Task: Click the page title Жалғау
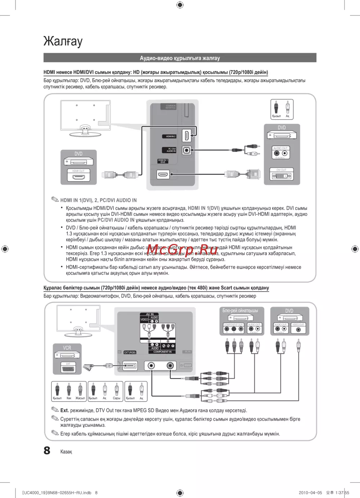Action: pos(63,41)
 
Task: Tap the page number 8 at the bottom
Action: pos(47,451)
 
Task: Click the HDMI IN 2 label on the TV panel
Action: pos(171,136)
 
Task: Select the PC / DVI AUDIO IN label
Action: pos(171,150)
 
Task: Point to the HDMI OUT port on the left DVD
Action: pos(78,177)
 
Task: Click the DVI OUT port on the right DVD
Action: pos(282,176)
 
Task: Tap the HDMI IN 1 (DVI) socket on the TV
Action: pos(163,175)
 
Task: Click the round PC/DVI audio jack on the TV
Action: pos(186,150)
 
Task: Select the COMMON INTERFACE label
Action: pos(171,107)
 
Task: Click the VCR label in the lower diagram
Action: pos(67,348)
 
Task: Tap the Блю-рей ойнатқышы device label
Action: pos(240,311)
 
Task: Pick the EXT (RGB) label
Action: pos(130,353)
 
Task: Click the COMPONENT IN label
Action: pos(162,352)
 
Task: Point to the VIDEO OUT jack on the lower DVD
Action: pos(298,329)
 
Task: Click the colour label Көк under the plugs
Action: pos(69,398)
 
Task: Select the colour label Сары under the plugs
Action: pos(116,398)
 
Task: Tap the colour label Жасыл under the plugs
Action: pos(80,398)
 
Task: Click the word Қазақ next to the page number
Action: pos(66,452)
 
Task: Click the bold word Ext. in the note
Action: pos(64,410)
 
